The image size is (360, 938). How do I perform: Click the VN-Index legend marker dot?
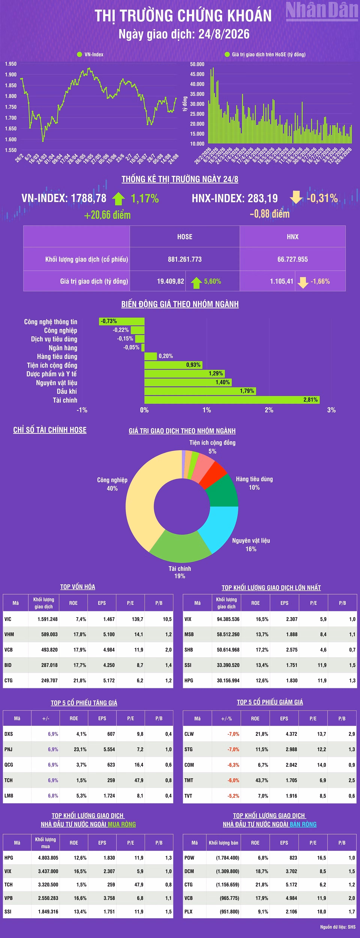(79, 54)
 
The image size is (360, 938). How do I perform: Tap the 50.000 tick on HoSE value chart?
(197, 64)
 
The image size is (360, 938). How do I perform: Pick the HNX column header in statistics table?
(293, 237)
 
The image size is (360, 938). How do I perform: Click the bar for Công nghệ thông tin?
(121, 321)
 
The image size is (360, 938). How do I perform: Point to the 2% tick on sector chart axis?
(269, 410)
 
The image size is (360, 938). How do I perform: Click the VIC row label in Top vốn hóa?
(8, 619)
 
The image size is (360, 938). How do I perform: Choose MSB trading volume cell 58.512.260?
(228, 634)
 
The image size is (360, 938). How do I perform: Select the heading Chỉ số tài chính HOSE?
(50, 430)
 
